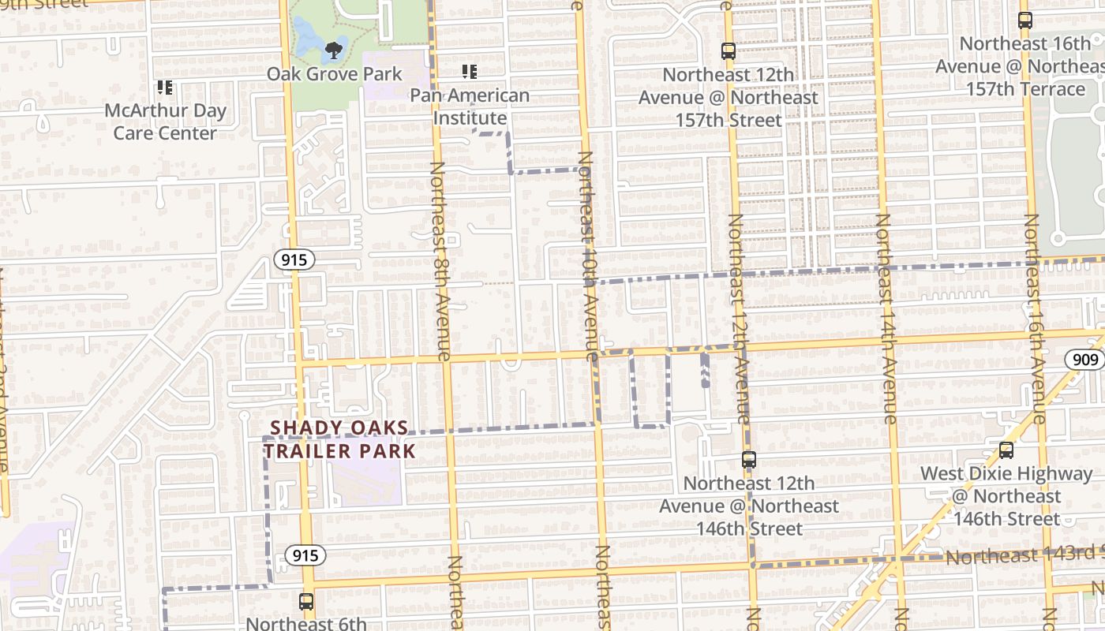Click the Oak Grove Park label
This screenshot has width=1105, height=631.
tap(334, 74)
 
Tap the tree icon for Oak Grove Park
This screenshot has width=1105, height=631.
tap(334, 50)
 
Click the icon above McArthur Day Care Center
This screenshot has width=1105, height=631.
tap(164, 88)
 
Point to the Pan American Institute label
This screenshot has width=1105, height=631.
tap(470, 106)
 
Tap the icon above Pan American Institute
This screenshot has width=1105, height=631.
tap(470, 73)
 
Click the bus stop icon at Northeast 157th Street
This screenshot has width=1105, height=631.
tap(729, 51)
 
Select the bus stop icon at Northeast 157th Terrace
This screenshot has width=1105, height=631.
tap(1025, 21)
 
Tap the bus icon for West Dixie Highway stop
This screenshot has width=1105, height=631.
tap(1006, 450)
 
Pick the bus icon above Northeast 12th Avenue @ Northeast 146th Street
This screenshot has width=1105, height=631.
tap(749, 459)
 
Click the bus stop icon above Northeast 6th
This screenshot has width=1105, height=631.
tap(306, 602)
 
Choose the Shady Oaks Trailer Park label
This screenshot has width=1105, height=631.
tap(339, 440)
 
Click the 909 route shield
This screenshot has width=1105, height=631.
tap(1085, 360)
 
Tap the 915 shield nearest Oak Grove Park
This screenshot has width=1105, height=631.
tap(295, 259)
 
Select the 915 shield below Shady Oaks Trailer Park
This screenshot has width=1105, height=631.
tap(305, 555)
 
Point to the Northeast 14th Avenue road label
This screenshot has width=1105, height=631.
tap(886, 319)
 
